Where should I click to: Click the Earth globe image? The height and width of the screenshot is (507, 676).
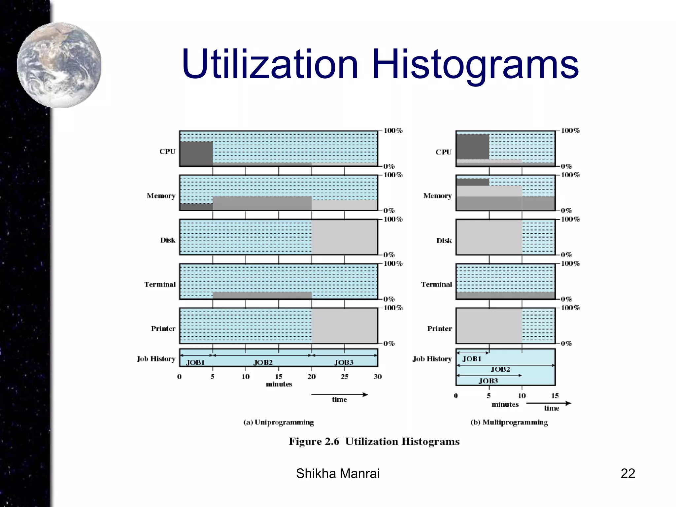pyautogui.click(x=59, y=65)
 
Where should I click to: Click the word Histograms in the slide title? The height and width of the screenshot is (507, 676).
pyautogui.click(x=475, y=64)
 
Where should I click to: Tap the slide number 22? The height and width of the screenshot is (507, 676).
pyautogui.click(x=627, y=473)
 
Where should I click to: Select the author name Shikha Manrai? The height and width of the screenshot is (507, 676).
pyautogui.click(x=338, y=473)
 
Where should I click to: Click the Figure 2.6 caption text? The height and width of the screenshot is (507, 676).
pyautogui.click(x=374, y=441)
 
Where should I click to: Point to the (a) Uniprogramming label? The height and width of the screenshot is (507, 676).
pyautogui.click(x=279, y=422)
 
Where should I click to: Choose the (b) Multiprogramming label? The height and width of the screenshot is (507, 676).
pyautogui.click(x=509, y=422)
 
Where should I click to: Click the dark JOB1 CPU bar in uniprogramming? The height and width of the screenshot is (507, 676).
pyautogui.click(x=196, y=153)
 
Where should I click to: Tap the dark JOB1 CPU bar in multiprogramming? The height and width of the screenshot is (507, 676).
pyautogui.click(x=473, y=147)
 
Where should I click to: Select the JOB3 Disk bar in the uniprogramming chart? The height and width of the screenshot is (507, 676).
pyautogui.click(x=344, y=237)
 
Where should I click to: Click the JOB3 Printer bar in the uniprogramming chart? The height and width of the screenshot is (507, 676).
pyautogui.click(x=344, y=325)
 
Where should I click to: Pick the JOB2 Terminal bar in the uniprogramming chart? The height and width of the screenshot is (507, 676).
pyautogui.click(x=262, y=295)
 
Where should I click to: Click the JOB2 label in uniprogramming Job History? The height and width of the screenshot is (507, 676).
pyautogui.click(x=263, y=362)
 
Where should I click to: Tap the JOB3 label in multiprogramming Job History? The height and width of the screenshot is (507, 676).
pyautogui.click(x=488, y=381)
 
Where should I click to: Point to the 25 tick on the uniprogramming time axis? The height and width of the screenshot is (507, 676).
pyautogui.click(x=344, y=377)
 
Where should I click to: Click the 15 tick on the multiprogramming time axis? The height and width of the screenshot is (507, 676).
pyautogui.click(x=555, y=396)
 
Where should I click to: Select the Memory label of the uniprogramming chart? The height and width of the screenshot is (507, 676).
pyautogui.click(x=161, y=196)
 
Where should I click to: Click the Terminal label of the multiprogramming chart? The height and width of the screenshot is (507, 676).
pyautogui.click(x=436, y=284)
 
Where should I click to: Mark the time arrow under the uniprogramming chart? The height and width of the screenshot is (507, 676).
pyautogui.click(x=339, y=395)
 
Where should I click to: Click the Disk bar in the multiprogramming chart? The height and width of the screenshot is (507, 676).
pyautogui.click(x=489, y=237)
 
